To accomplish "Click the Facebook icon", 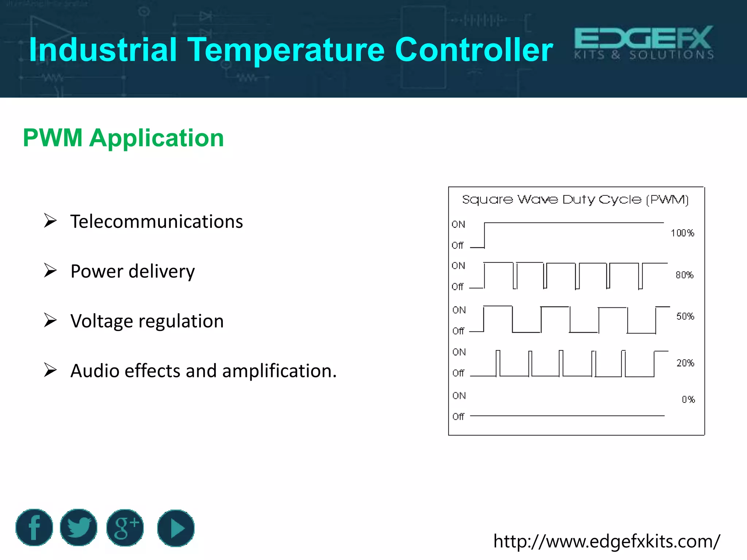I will [x=34, y=528].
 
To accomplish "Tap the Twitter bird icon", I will [x=78, y=528].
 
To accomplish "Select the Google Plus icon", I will [x=125, y=528].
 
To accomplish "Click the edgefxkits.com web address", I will [x=606, y=541].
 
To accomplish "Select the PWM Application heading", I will [x=123, y=138].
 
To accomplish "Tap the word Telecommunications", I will [x=156, y=222].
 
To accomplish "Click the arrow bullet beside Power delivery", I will [x=50, y=271].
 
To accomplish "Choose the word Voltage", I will [x=102, y=321].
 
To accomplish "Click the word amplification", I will [x=279, y=371].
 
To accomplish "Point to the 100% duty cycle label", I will [x=682, y=233].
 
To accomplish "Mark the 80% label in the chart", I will [x=684, y=275].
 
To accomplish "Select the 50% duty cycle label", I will [x=685, y=316].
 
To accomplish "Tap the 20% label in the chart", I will [x=685, y=363].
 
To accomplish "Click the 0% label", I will [x=688, y=400].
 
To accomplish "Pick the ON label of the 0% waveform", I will [x=459, y=396].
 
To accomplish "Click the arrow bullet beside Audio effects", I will [x=50, y=370].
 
